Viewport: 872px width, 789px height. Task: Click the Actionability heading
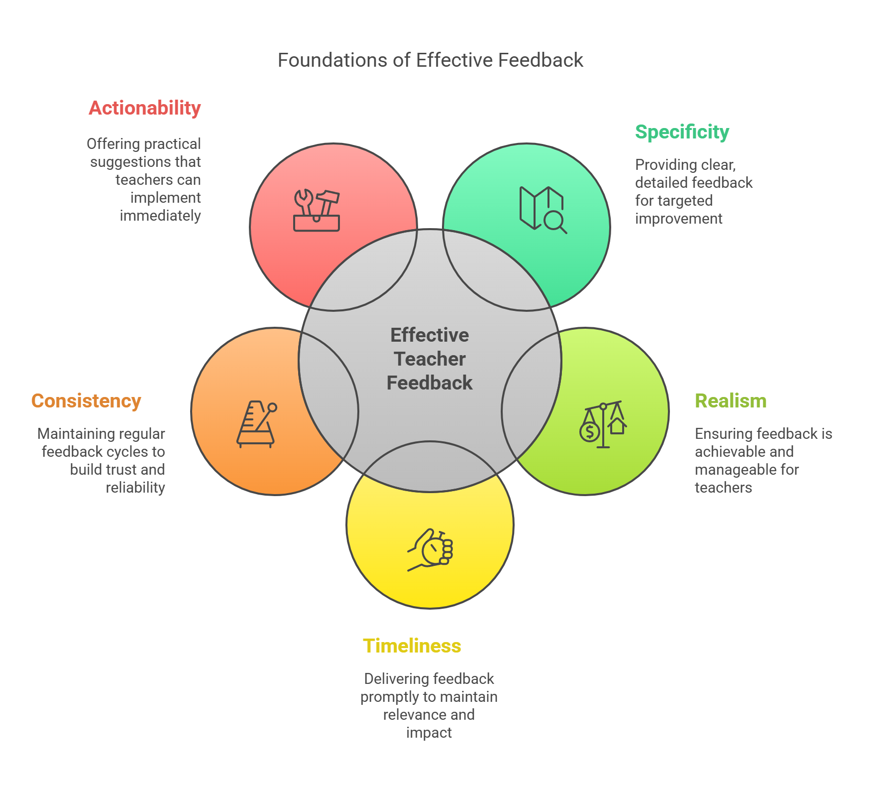coord(145,108)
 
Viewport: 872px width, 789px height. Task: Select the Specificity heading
coord(682,132)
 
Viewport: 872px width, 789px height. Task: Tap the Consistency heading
coord(86,401)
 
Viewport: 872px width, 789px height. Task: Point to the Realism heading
coord(731,401)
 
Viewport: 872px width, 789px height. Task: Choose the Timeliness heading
coord(412,646)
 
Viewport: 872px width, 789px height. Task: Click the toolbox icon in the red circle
coord(317,211)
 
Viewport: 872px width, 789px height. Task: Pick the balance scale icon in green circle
coord(603,425)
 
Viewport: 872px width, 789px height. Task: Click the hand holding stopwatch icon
coord(431,550)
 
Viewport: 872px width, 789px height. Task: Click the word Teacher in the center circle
coord(430,359)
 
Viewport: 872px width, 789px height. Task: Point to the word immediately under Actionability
coord(160,216)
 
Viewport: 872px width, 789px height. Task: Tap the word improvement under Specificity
coord(679,219)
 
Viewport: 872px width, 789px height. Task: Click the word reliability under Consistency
coord(135,488)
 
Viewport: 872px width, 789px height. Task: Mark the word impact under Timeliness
coord(429,733)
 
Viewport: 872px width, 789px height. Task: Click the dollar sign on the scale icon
coord(590,431)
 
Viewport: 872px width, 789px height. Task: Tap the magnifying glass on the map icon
coord(554,221)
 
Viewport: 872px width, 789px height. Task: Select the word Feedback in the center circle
coord(430,383)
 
